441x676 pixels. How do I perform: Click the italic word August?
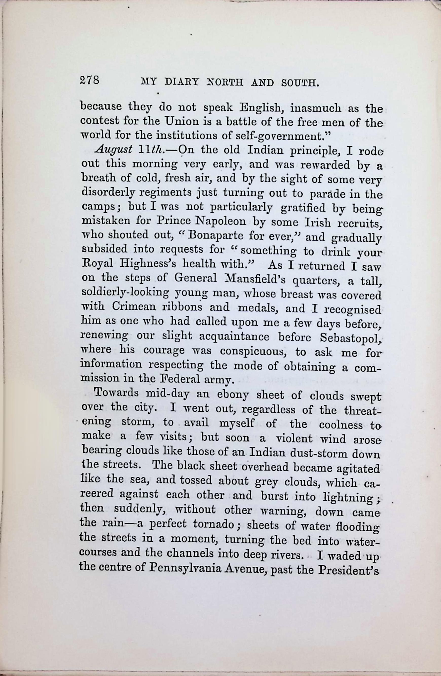[x=114, y=150]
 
